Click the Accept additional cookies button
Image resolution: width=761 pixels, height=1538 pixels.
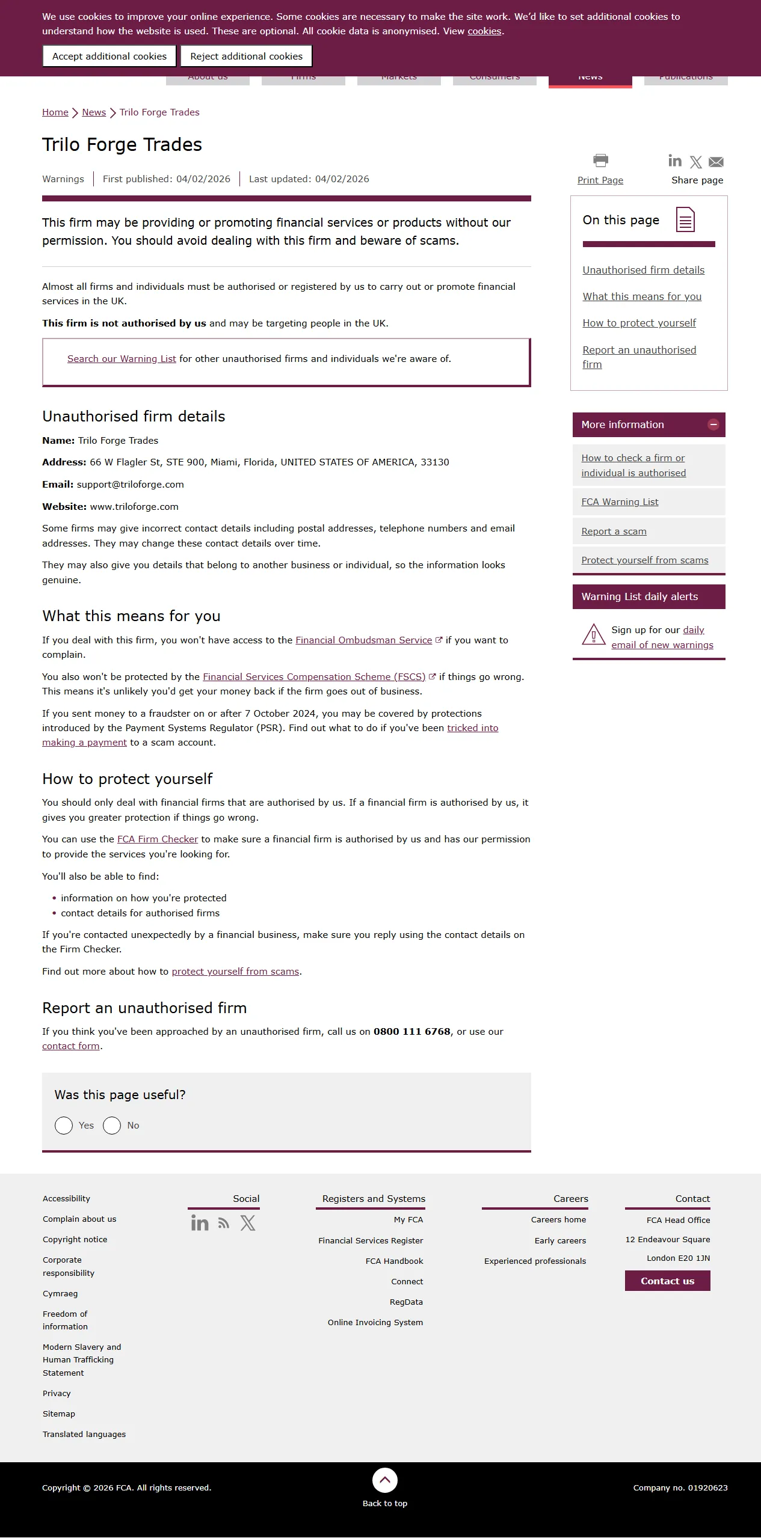coord(109,57)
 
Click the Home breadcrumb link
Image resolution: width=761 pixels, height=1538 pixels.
coord(55,112)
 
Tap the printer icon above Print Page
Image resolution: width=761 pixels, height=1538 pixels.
coord(600,161)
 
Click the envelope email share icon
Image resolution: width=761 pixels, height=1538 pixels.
coord(716,162)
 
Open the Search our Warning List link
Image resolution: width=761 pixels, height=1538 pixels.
coord(122,359)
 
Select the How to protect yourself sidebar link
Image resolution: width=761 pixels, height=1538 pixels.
coord(639,323)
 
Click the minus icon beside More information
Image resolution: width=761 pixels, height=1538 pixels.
coord(713,424)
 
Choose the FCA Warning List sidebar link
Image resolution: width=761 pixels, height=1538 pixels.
coord(620,502)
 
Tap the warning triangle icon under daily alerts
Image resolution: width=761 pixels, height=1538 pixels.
coord(594,635)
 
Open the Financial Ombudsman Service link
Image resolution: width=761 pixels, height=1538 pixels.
coord(363,640)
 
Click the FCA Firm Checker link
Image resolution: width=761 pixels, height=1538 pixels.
coord(158,839)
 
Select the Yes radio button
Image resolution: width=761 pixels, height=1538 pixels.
coord(64,1126)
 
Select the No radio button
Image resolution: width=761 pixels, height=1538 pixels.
coord(112,1126)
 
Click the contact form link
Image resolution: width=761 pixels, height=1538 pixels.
coord(71,1046)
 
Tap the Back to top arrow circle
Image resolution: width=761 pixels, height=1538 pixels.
coord(385,1480)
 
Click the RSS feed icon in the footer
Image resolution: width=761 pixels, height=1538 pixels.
coord(224,1224)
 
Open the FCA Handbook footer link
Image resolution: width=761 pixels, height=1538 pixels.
coord(394,1261)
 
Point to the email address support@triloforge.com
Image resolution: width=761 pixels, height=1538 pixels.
coord(131,485)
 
